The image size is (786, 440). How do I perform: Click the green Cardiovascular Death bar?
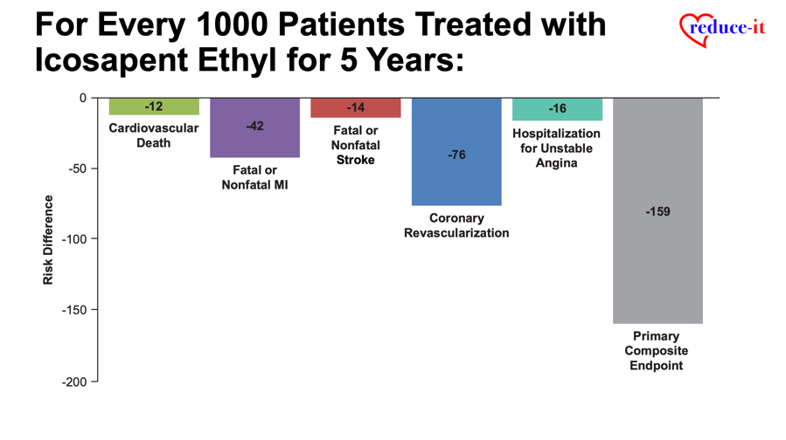154,107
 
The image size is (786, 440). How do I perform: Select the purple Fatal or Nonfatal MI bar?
254,127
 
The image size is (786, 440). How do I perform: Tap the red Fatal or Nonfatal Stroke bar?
355,107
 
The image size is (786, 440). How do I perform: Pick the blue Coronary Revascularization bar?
456,152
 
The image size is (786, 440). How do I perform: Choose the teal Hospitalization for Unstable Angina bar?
558,109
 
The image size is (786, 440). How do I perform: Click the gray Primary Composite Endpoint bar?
657,210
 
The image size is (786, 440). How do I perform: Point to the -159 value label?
657,212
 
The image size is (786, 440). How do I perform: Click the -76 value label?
456,155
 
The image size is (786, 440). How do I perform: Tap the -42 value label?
254,126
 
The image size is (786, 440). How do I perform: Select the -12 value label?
154,107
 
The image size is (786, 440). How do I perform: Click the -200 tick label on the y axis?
74,382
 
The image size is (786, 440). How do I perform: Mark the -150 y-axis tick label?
74,310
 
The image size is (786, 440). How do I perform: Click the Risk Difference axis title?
48,240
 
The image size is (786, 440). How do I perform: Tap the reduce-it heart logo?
722,29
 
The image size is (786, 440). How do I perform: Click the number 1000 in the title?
232,24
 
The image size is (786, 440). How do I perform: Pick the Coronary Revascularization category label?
456,225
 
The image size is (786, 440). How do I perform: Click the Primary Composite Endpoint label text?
657,350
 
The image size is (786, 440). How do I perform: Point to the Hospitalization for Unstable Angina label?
556,148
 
